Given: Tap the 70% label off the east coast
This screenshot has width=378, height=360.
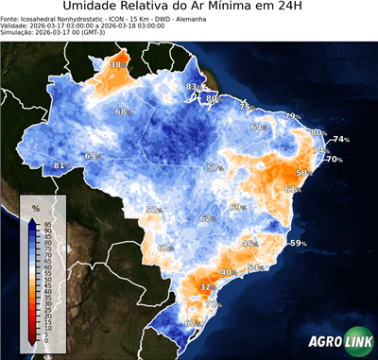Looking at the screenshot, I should click(x=334, y=160).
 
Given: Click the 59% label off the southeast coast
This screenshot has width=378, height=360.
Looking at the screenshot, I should click(x=297, y=244).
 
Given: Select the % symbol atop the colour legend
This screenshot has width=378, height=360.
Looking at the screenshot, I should click(x=35, y=207).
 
